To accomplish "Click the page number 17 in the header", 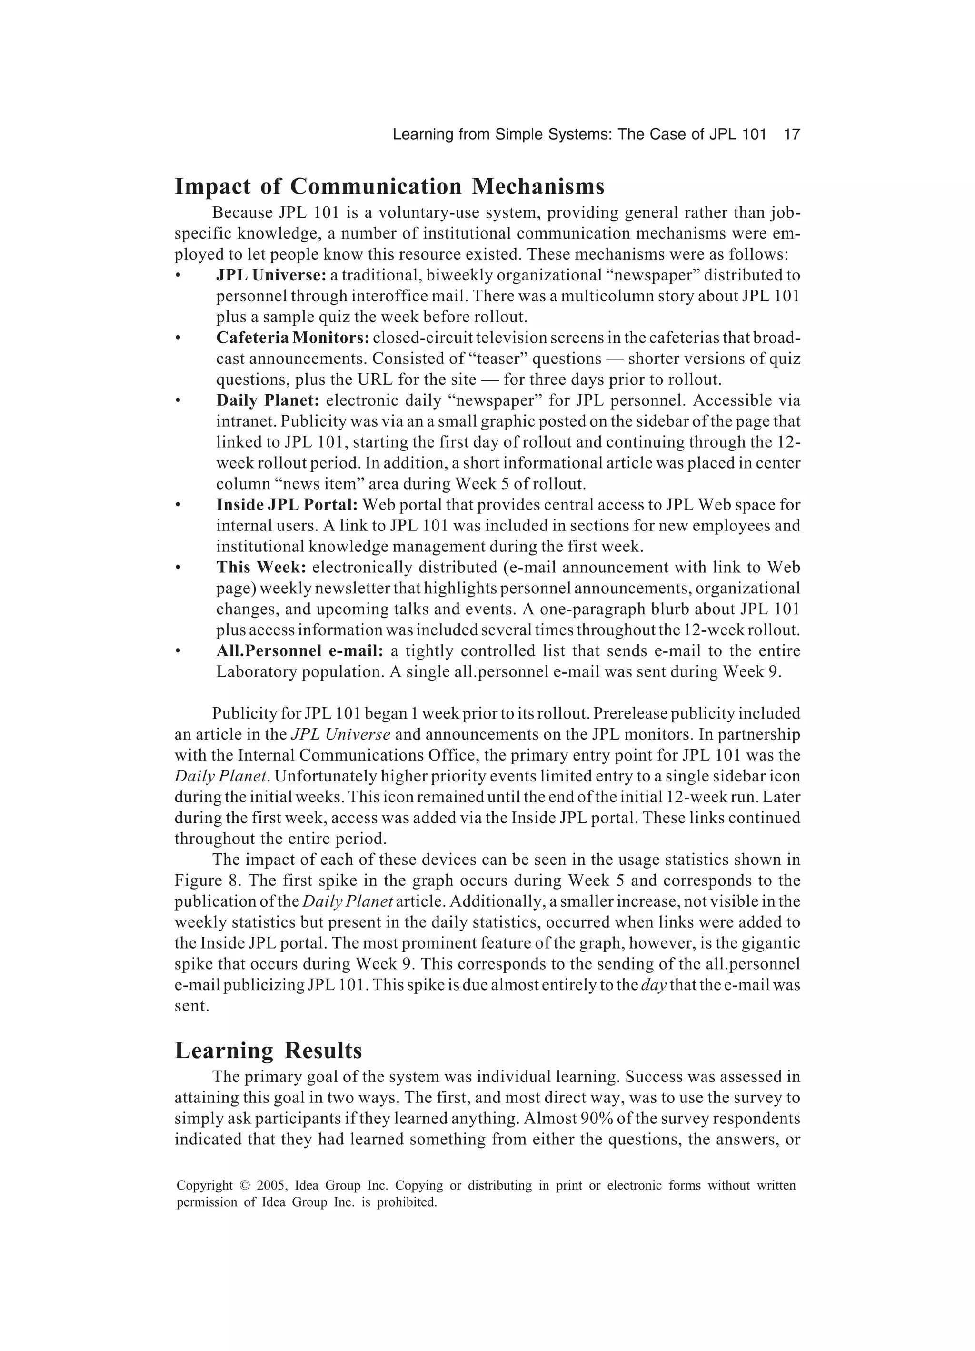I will (x=791, y=135).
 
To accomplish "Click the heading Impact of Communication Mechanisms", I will (x=389, y=187).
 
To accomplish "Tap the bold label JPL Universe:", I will (x=271, y=275).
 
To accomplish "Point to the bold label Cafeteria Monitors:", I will (x=292, y=338).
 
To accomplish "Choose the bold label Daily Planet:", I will (x=268, y=400).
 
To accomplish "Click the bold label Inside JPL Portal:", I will (x=287, y=504).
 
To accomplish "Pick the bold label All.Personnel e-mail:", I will (x=299, y=650).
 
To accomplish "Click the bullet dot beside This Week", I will (x=178, y=568).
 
